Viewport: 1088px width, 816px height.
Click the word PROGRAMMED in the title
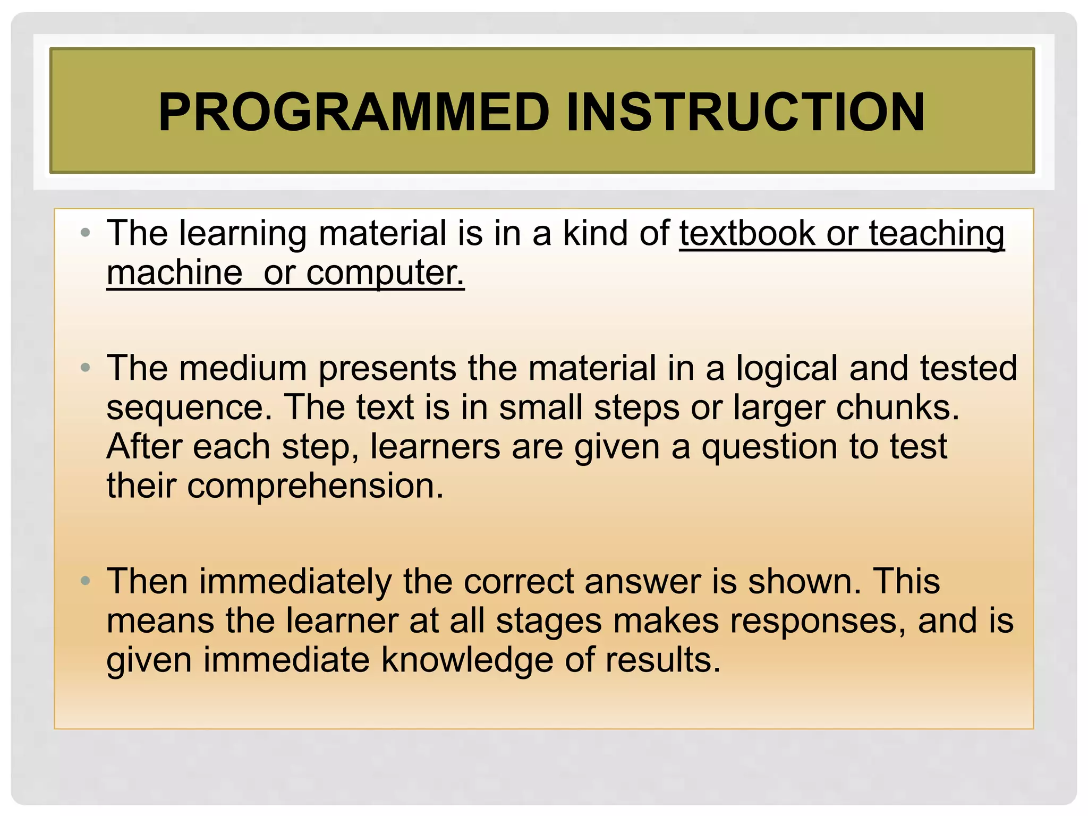pos(353,112)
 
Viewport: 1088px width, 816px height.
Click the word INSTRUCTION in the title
pos(745,112)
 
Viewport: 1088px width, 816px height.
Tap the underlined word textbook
pos(747,234)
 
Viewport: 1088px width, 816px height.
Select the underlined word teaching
pos(936,234)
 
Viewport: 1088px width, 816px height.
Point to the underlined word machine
pos(175,273)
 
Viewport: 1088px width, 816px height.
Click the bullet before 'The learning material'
pos(86,233)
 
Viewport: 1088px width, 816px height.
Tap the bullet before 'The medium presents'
pos(86,368)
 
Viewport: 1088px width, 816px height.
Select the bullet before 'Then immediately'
pos(86,581)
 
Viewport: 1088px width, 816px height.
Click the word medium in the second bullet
pos(243,368)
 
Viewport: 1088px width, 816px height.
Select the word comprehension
pos(314,486)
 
